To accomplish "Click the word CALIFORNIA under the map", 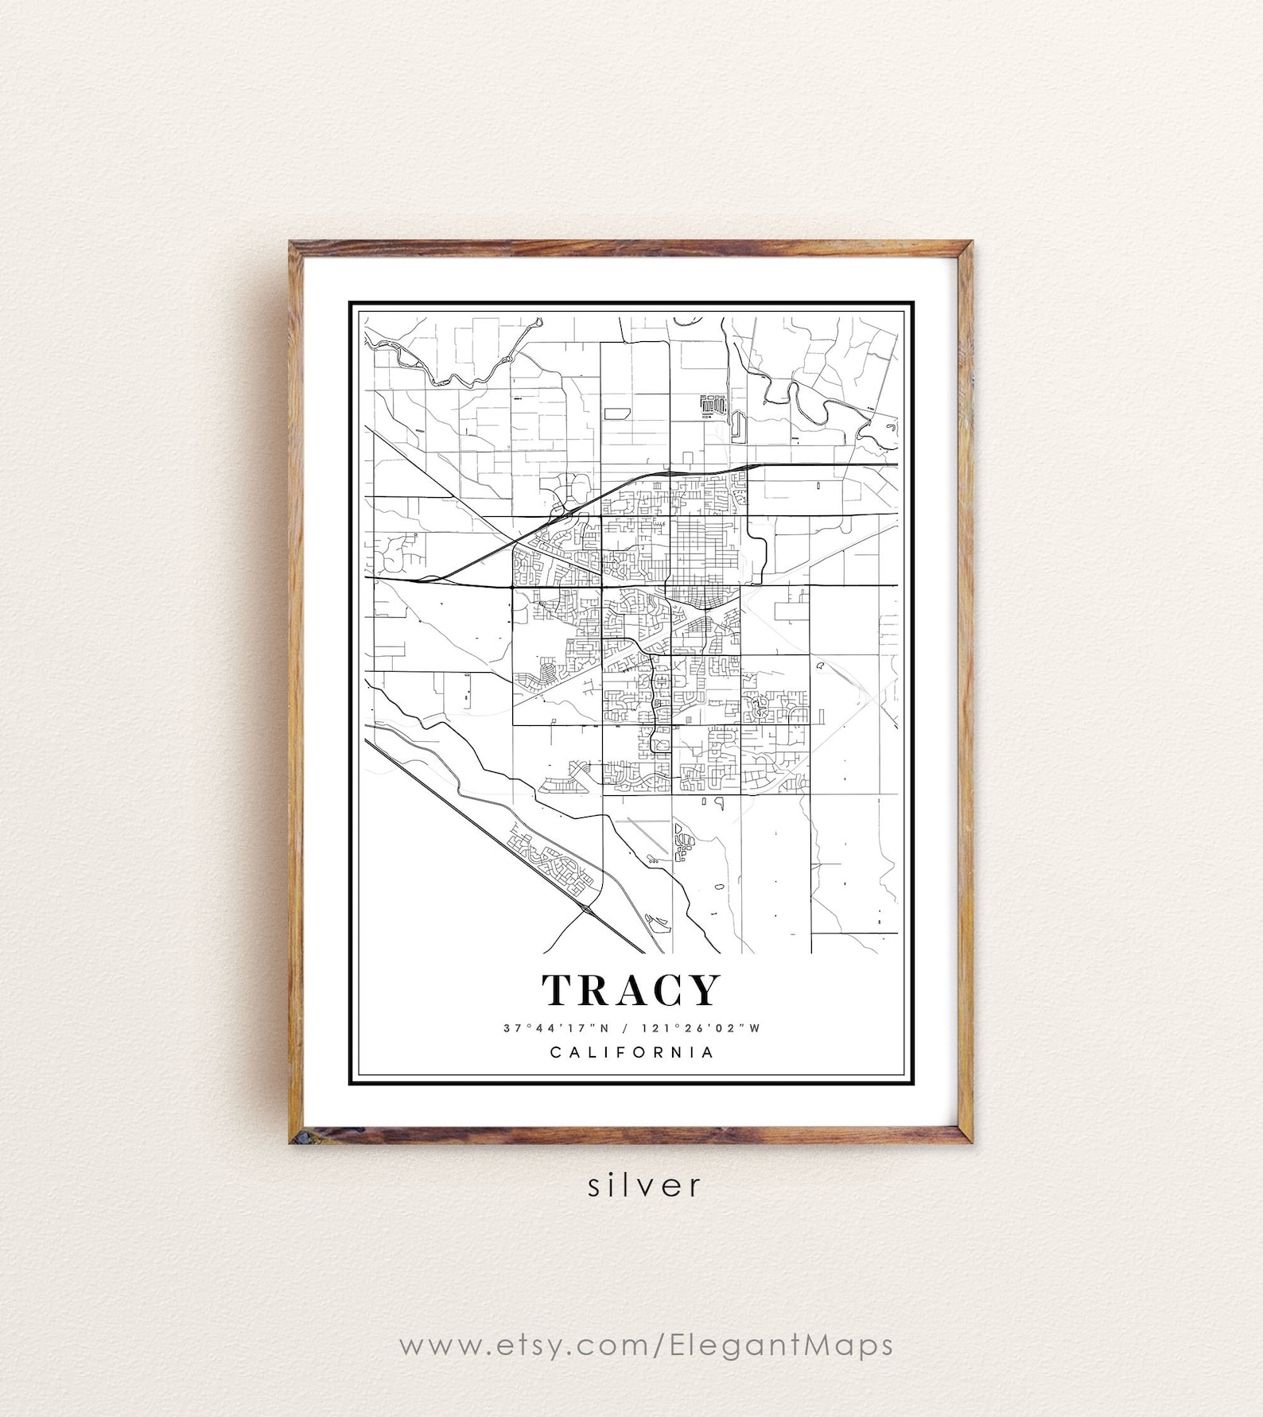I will tap(631, 1052).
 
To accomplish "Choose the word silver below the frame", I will tap(645, 1186).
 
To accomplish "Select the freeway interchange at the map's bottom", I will tap(587, 908).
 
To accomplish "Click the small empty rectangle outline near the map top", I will tap(616, 413).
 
